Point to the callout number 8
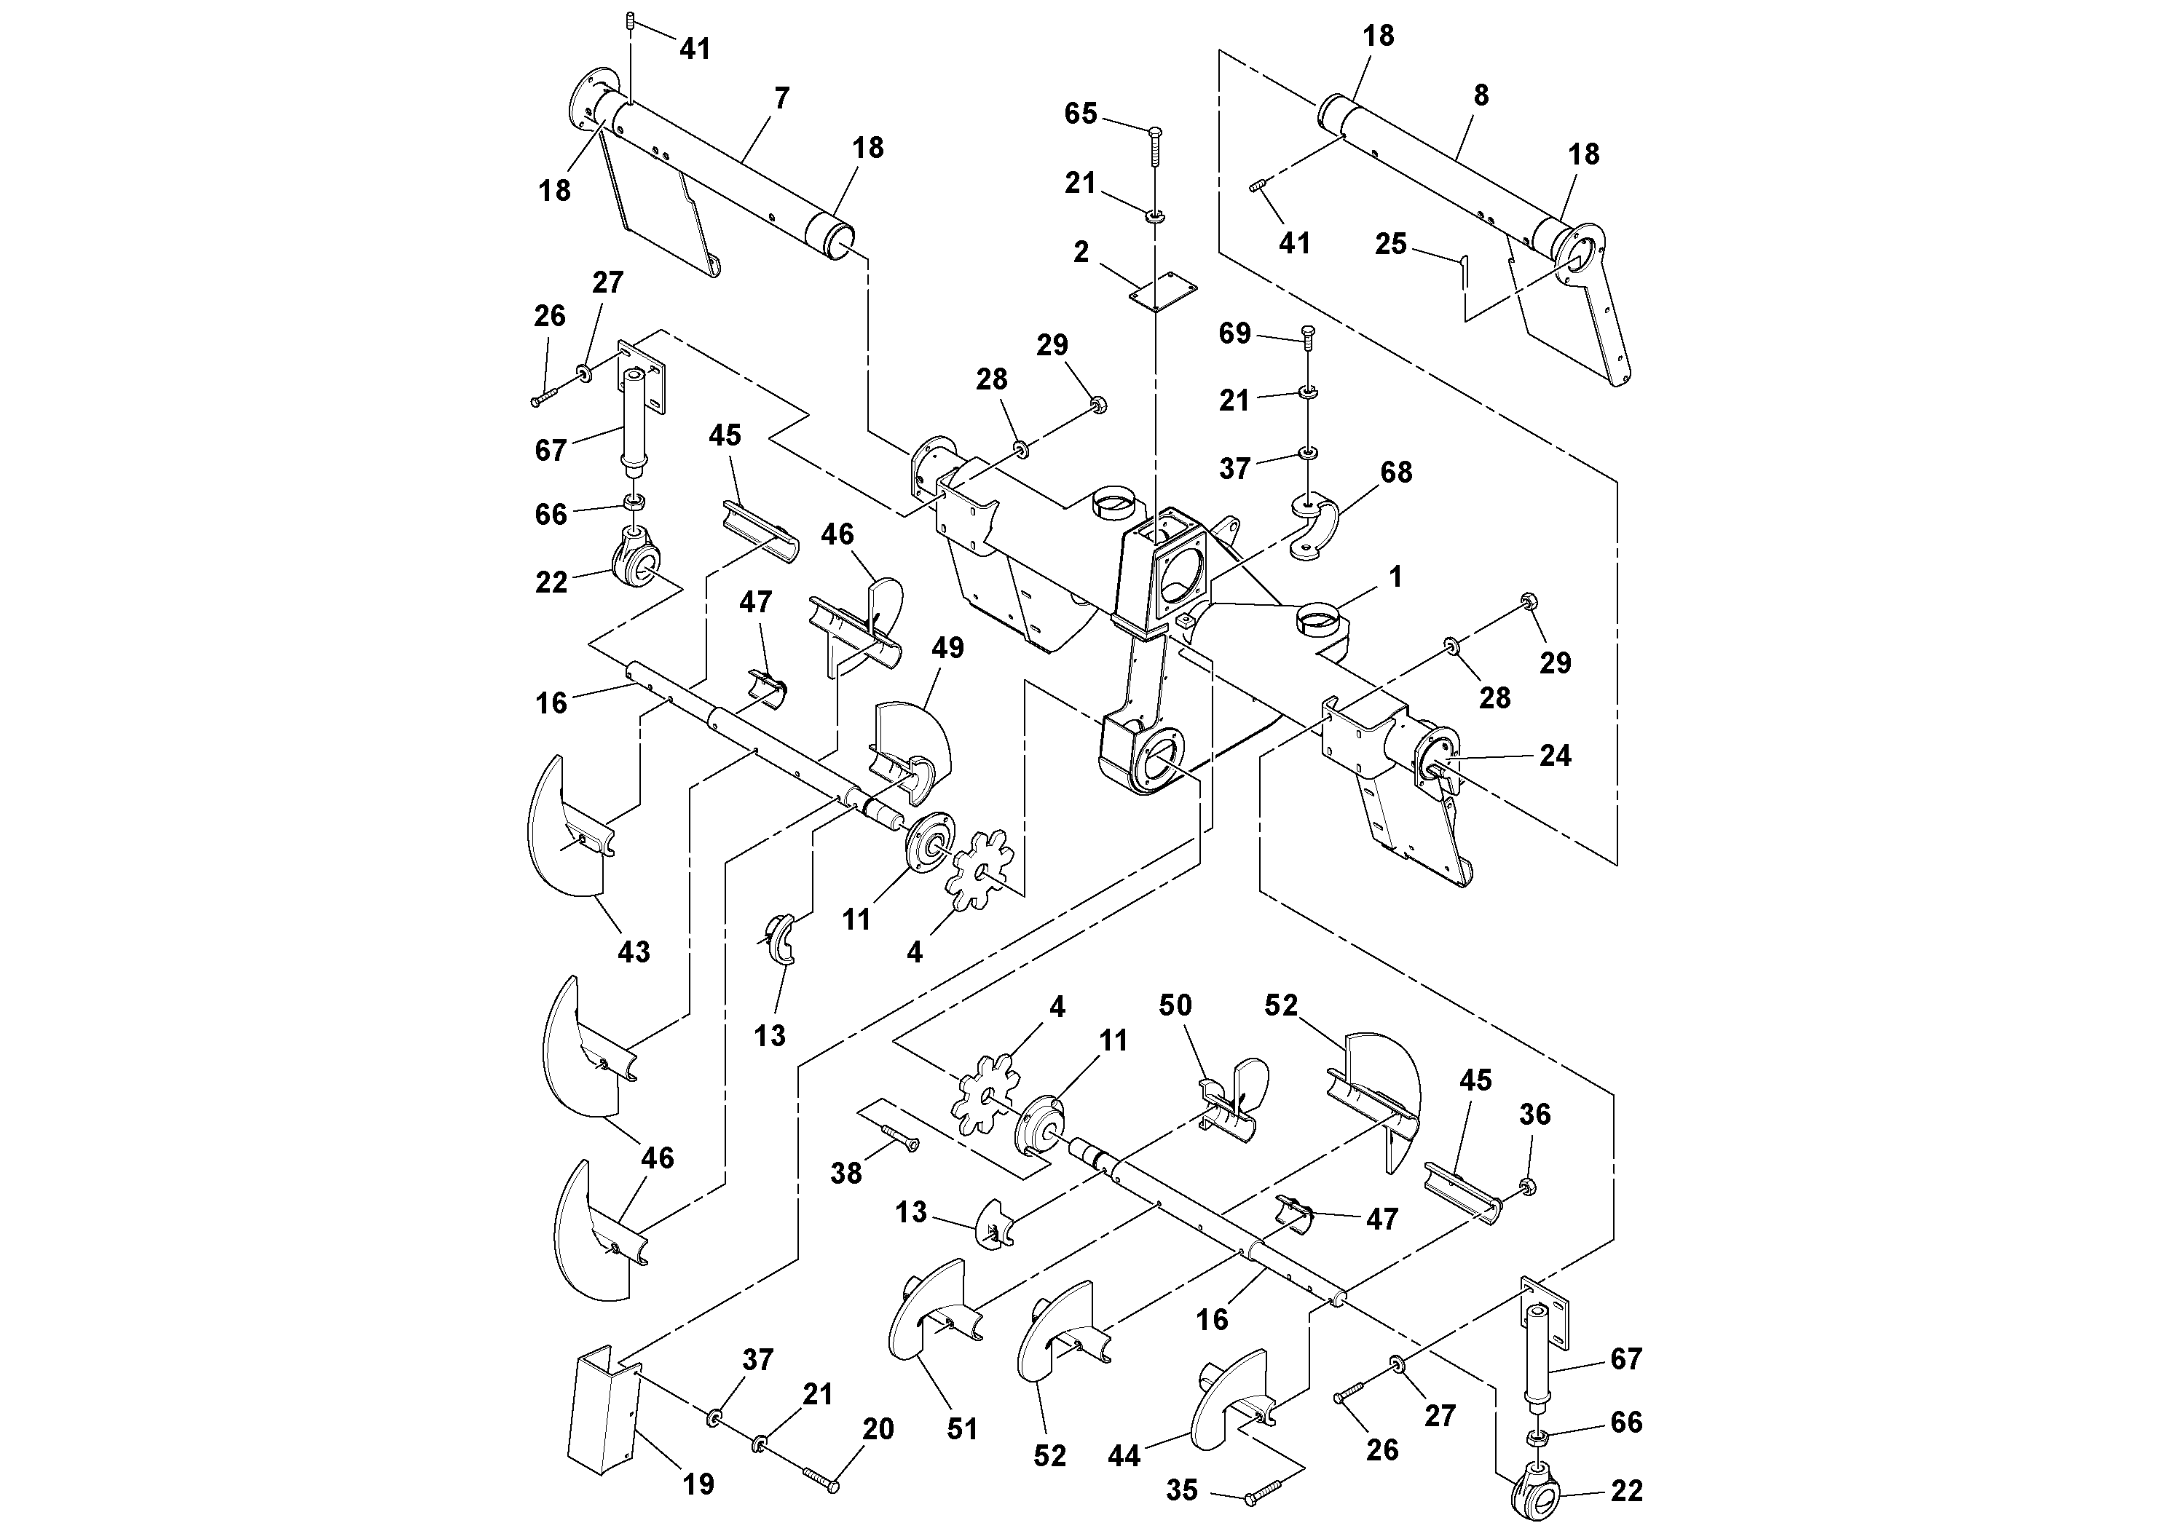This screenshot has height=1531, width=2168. [x=1481, y=95]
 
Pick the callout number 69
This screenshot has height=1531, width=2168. [x=1235, y=333]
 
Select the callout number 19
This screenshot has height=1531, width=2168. [x=698, y=1484]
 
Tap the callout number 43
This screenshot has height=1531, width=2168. [x=634, y=952]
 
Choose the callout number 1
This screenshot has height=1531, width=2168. [x=1395, y=577]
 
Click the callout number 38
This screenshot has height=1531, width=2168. [x=846, y=1174]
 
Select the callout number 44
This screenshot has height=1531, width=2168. [x=1124, y=1457]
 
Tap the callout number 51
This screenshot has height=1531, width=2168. [x=962, y=1429]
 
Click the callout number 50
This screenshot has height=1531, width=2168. [x=1175, y=1005]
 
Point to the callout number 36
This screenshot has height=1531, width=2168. [x=1534, y=1114]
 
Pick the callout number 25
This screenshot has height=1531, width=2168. [x=1390, y=245]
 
